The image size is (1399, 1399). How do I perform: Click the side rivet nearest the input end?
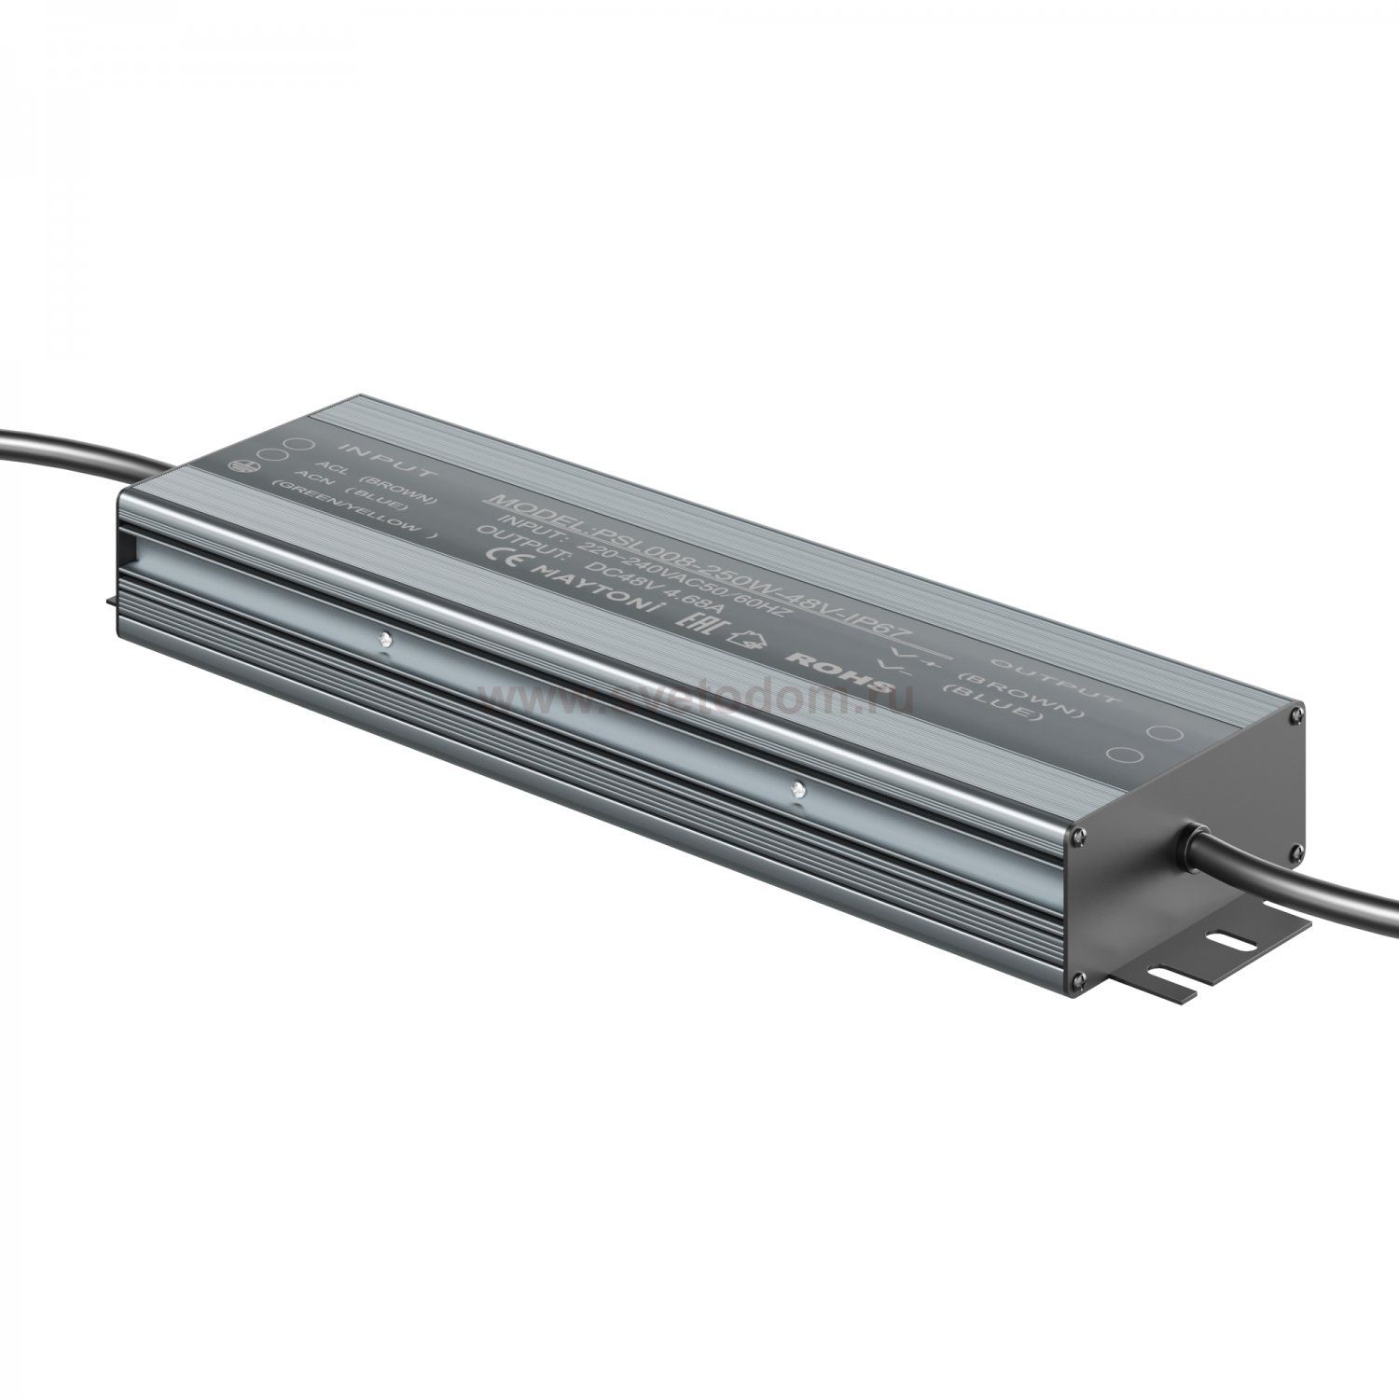[384, 641]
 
